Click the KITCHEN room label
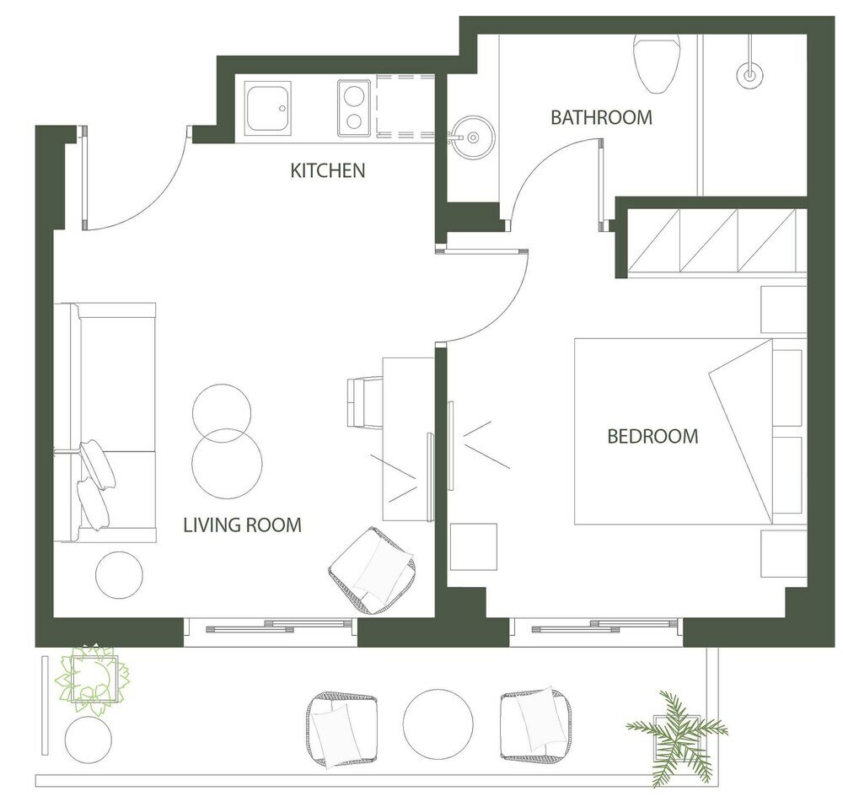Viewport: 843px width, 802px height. [x=327, y=170]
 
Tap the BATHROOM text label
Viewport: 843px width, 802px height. [x=602, y=117]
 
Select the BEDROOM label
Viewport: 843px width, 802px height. [x=652, y=436]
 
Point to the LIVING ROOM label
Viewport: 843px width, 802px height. [x=243, y=525]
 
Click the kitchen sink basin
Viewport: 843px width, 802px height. [x=268, y=108]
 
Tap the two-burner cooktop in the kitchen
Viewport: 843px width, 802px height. [x=354, y=108]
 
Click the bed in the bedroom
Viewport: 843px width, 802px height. [x=688, y=431]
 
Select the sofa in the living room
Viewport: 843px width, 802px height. [x=105, y=423]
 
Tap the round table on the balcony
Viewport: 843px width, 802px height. [x=438, y=724]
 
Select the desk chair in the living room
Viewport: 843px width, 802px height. [x=365, y=403]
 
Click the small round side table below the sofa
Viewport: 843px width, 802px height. [x=120, y=575]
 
